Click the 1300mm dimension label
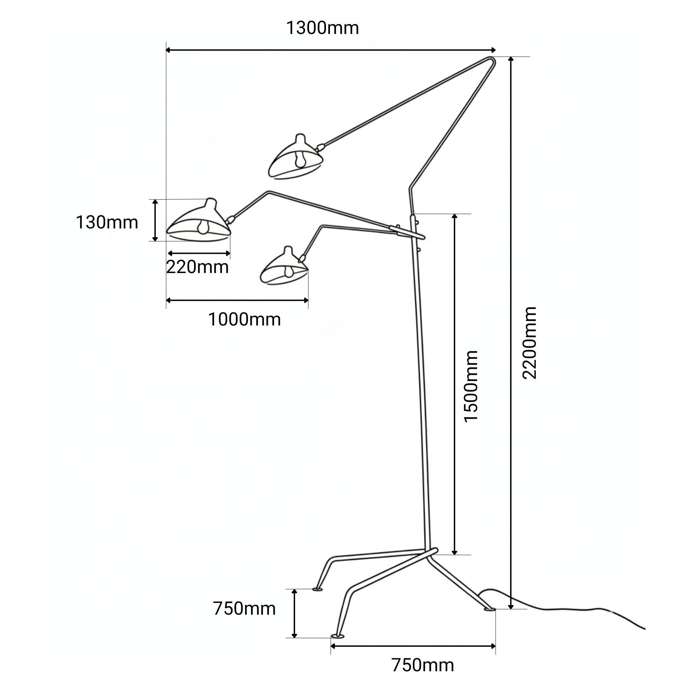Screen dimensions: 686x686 point(322,28)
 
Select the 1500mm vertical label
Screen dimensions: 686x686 point(472,386)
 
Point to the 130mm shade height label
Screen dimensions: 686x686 point(107,223)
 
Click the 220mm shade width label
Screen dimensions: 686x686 point(198,267)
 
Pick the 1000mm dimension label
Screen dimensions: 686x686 point(244,320)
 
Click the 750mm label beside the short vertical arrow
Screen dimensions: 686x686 point(244,608)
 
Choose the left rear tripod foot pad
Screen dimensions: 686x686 point(317,590)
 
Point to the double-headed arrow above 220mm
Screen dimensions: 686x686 point(199,253)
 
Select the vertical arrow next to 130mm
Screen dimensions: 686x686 point(155,220)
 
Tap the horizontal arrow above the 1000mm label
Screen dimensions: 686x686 point(237,300)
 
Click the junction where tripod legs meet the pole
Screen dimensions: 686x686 point(429,554)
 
